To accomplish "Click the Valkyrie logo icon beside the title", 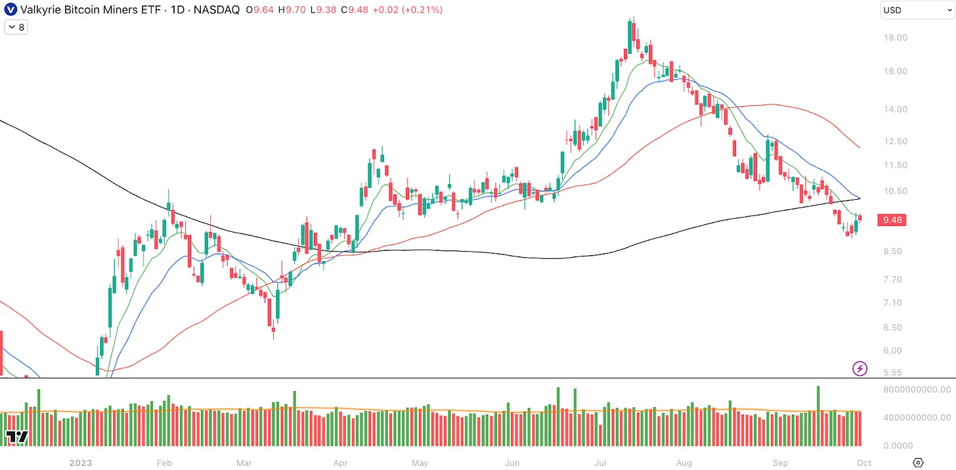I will pos(11,10).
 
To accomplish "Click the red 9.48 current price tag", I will pos(892,220).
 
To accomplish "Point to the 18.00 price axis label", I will pos(896,37).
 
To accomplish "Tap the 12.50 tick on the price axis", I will pos(896,141).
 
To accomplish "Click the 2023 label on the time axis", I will pos(81,463).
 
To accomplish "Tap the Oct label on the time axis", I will pos(864,463).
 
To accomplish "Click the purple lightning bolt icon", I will pos(860,368).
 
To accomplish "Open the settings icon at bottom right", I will pos(918,463).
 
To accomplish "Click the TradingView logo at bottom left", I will pos(17,437).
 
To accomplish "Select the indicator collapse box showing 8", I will pos(16,28).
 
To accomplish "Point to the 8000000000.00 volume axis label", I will pos(916,390).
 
